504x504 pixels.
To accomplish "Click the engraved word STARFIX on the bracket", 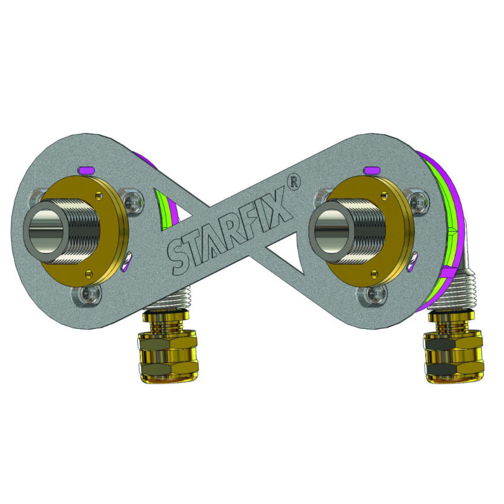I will point(230,230).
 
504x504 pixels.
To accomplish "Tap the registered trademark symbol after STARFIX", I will point(292,181).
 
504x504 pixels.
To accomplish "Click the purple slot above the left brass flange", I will point(86,169).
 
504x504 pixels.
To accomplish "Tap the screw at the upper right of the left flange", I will point(133,200).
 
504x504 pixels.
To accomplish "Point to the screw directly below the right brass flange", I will point(374,292).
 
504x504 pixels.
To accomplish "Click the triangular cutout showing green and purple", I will point(165,205).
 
